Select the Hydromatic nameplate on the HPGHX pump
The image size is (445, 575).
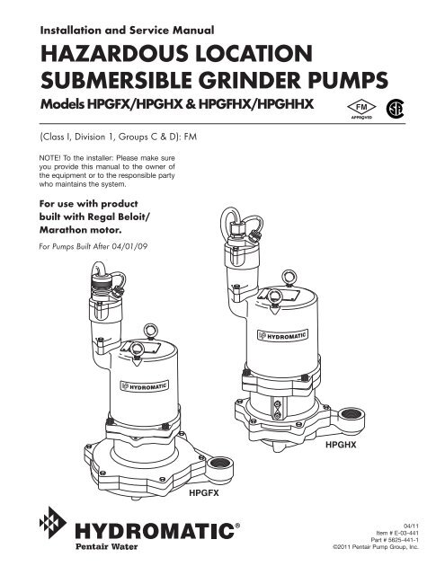(x=283, y=339)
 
